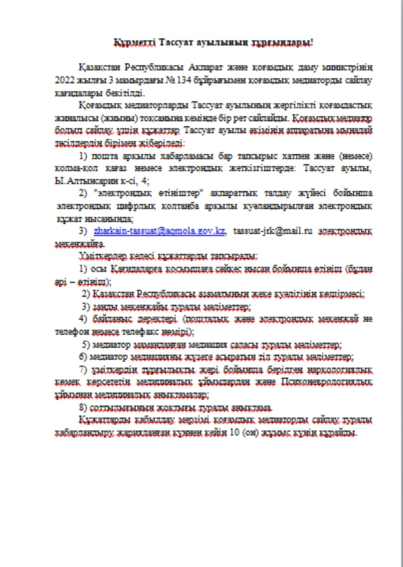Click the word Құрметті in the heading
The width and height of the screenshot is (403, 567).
131,43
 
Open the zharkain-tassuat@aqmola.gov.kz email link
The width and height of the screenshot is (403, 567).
160,231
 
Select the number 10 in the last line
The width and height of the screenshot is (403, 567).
233,432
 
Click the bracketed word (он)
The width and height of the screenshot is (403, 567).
250,432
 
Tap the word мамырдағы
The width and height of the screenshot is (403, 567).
131,81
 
